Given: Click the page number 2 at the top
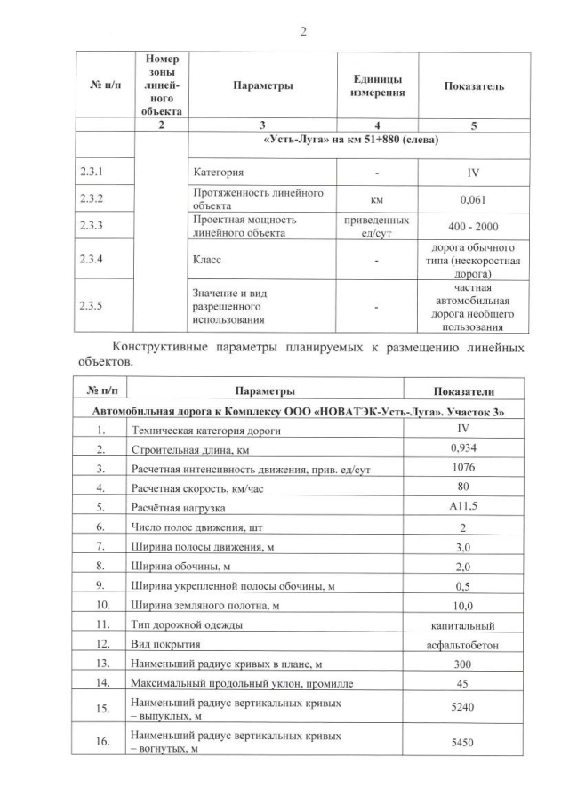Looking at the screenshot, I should click(302, 32).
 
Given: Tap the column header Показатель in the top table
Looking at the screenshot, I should click(474, 86).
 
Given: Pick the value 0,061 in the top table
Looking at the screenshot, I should click(474, 199).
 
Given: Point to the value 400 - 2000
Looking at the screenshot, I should click(474, 227).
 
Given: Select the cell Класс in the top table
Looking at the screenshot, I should click(207, 260).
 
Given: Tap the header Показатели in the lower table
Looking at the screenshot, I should click(463, 391).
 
